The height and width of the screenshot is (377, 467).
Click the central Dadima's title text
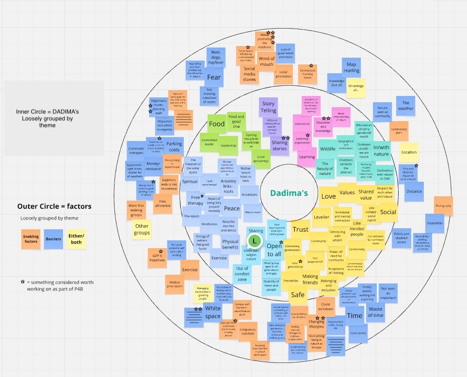pyautogui.click(x=289, y=193)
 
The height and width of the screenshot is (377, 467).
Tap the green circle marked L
pyautogui.click(x=254, y=240)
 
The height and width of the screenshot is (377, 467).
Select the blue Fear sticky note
pyautogui.click(x=214, y=77)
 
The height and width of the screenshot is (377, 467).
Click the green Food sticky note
pyautogui.click(x=216, y=124)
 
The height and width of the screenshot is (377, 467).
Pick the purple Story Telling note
pyautogui.click(x=268, y=107)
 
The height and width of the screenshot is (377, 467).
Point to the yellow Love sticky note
pyautogui.click(x=328, y=196)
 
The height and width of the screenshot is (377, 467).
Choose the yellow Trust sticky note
pyautogui.click(x=301, y=229)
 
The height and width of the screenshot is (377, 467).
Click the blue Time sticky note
pyautogui.click(x=355, y=315)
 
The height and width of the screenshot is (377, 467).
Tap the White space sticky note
pyautogui.click(x=212, y=313)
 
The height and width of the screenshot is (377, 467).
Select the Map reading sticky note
pyautogui.click(x=352, y=67)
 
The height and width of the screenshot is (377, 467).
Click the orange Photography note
pyautogui.click(x=443, y=206)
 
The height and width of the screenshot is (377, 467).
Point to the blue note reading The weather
pyautogui.click(x=406, y=106)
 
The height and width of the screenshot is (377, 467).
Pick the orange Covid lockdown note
pyautogui.click(x=325, y=306)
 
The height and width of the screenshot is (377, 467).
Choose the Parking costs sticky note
pyautogui.click(x=174, y=147)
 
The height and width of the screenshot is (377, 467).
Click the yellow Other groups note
pyautogui.click(x=142, y=229)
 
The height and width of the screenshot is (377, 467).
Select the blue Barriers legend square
pyautogui.click(x=53, y=239)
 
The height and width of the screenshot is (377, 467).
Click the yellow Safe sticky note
pyautogui.click(x=297, y=295)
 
